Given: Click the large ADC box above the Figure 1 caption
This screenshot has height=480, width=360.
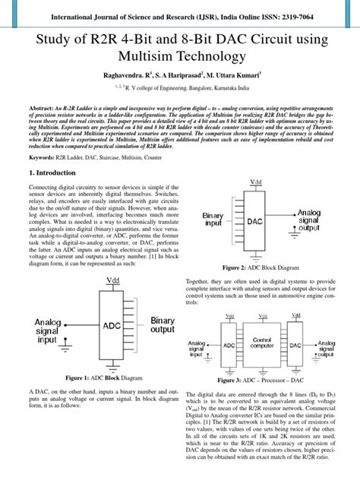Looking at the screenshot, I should (112, 324).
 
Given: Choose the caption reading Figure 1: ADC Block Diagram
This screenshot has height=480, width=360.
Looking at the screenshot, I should (104, 377).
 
